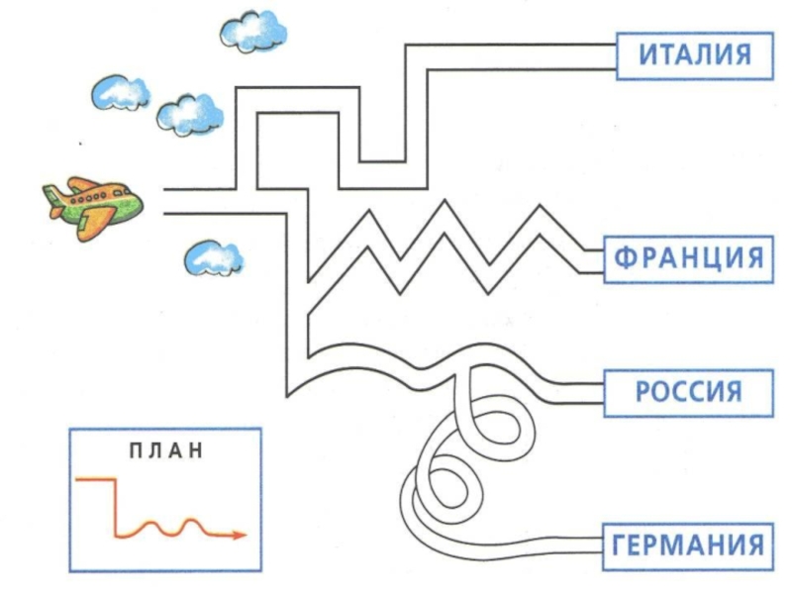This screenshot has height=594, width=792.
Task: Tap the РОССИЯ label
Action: (x=688, y=391)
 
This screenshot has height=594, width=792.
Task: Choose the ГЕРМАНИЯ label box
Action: (x=688, y=544)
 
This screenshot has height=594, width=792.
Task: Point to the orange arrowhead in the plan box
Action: (x=238, y=535)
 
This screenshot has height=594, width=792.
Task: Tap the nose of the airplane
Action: (x=139, y=204)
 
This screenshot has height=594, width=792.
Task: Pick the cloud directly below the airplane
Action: (x=213, y=258)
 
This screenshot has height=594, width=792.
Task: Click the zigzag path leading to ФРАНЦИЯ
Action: (x=445, y=247)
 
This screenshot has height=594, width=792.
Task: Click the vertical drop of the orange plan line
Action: (x=117, y=505)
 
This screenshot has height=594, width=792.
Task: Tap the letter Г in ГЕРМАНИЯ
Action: (x=621, y=544)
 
